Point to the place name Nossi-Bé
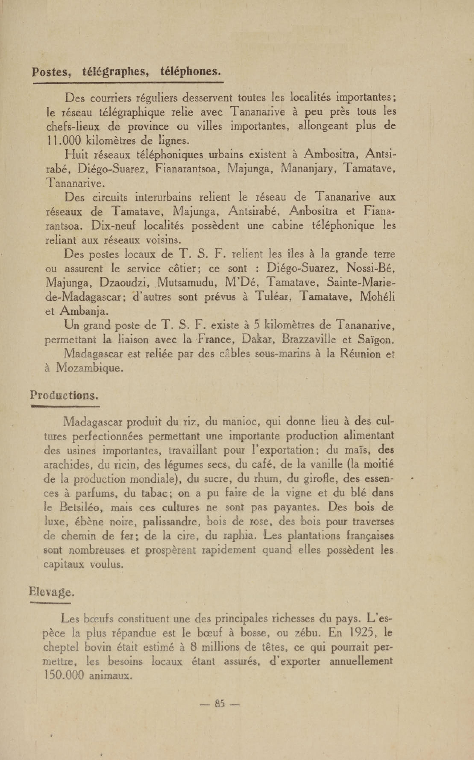coord(370,268)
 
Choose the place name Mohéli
coord(377,297)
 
